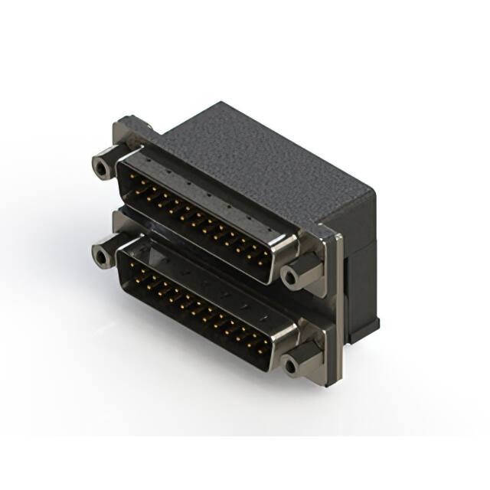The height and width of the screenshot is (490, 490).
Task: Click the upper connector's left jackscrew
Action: click(101, 166)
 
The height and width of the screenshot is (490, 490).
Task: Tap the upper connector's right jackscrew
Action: click(291, 276)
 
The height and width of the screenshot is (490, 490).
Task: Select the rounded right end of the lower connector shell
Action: click(283, 337)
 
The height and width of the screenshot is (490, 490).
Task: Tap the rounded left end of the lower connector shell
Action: click(122, 256)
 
